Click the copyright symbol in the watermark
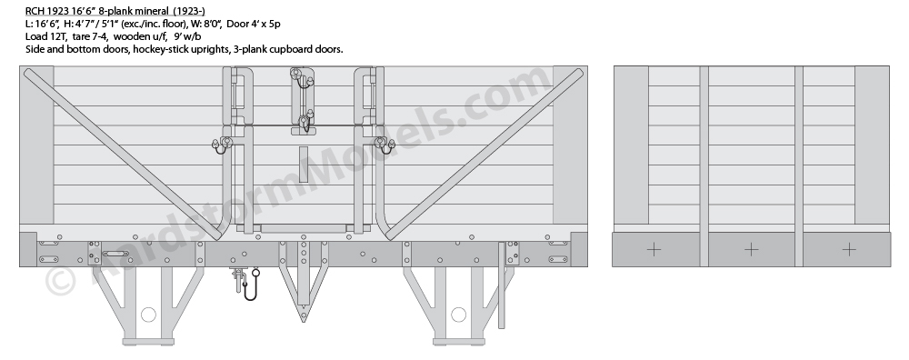pyautogui.click(x=60, y=280)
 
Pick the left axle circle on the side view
pyautogui.click(x=148, y=315)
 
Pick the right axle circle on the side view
pyautogui.click(x=458, y=315)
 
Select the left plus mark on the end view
pyautogui.click(x=654, y=250)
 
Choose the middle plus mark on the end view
pyautogui.click(x=752, y=250)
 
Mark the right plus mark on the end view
pyautogui.click(x=849, y=250)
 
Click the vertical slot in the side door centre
pyautogui.click(x=304, y=164)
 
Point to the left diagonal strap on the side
pyautogui.click(x=122, y=155)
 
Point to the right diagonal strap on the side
pyautogui.click(x=484, y=155)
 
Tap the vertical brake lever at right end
pyautogui.click(x=502, y=285)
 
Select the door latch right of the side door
pyautogui.click(x=385, y=145)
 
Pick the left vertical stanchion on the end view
pyautogui.click(x=704, y=166)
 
